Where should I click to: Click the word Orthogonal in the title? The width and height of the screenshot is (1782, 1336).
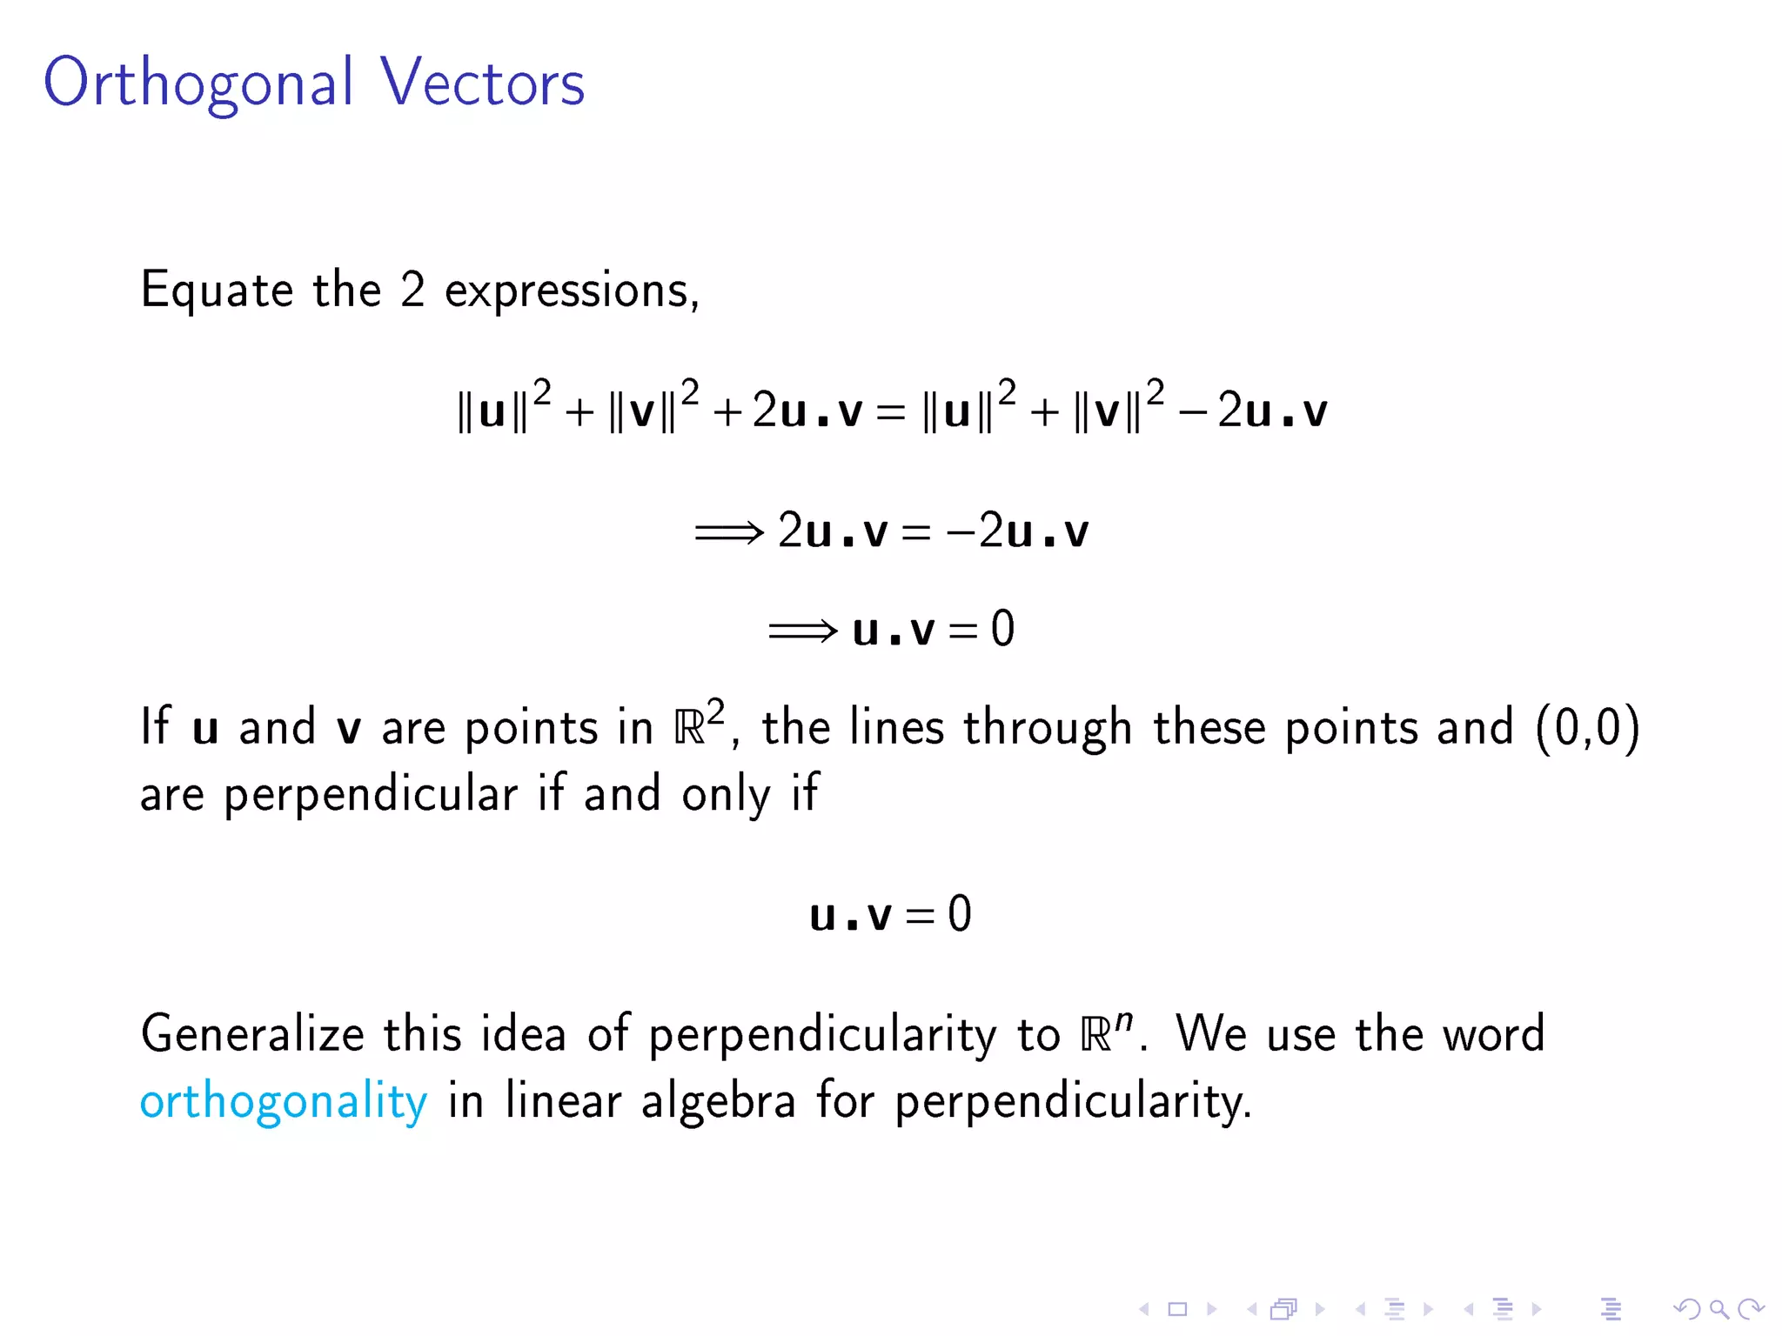198,83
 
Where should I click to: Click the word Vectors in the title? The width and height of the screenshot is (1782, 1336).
482,83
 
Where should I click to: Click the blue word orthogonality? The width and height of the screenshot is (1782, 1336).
284,1102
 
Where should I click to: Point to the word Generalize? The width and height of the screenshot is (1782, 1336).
252,1035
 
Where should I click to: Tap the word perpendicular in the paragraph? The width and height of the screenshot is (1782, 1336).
371,794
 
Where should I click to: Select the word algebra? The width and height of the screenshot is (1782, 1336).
719,1101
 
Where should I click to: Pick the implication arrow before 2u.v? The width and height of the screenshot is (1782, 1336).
728,531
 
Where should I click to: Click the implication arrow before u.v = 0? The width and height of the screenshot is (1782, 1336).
802,630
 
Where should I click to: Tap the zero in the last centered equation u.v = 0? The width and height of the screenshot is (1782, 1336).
960,914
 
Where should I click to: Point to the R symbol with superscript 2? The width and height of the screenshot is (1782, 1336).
690,728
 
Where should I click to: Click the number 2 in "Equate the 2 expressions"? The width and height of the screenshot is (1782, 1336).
412,291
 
